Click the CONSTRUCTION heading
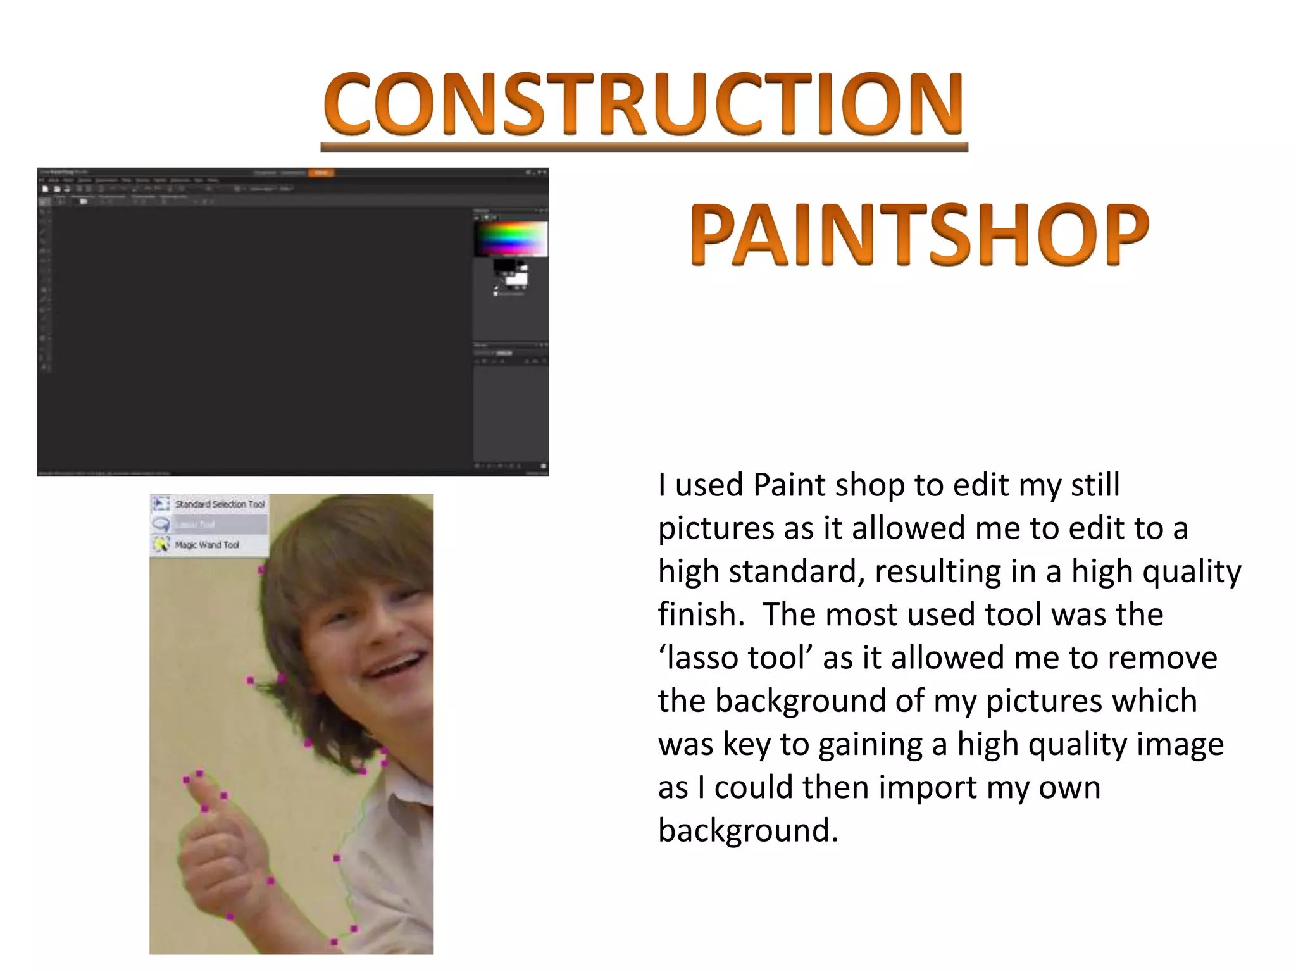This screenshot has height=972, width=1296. pyautogui.click(x=644, y=104)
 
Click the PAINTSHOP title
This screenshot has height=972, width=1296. pyautogui.click(x=919, y=235)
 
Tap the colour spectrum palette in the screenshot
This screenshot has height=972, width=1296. pyautogui.click(x=511, y=238)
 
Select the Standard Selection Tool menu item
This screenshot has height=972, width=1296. pyautogui.click(x=220, y=504)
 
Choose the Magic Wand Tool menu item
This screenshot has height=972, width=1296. pyautogui.click(x=207, y=545)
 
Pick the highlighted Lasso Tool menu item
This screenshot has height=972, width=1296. pyautogui.click(x=196, y=525)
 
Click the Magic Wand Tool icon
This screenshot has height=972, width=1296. pyautogui.click(x=161, y=544)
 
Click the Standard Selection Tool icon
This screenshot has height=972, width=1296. pyautogui.click(x=161, y=504)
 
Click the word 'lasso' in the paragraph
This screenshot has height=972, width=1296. pyautogui.click(x=703, y=658)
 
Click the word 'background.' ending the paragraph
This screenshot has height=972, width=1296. pyautogui.click(x=748, y=831)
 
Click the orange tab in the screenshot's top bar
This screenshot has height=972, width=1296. pyautogui.click(x=321, y=172)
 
